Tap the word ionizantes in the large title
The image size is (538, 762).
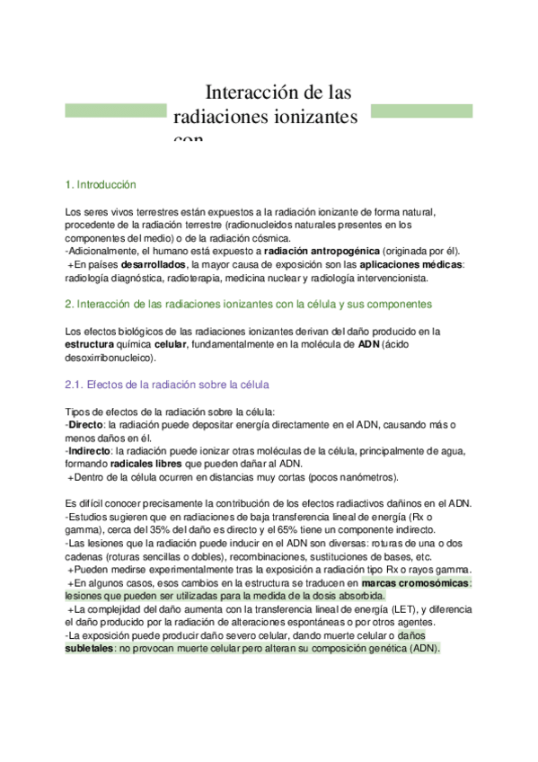pos(306,117)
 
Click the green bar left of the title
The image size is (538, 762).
pos(115,111)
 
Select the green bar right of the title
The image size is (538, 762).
pos(421,111)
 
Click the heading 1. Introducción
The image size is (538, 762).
pos(101,184)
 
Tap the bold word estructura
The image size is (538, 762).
pos(90,344)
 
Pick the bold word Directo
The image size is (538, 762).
pos(87,424)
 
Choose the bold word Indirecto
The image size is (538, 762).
pos(92,450)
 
